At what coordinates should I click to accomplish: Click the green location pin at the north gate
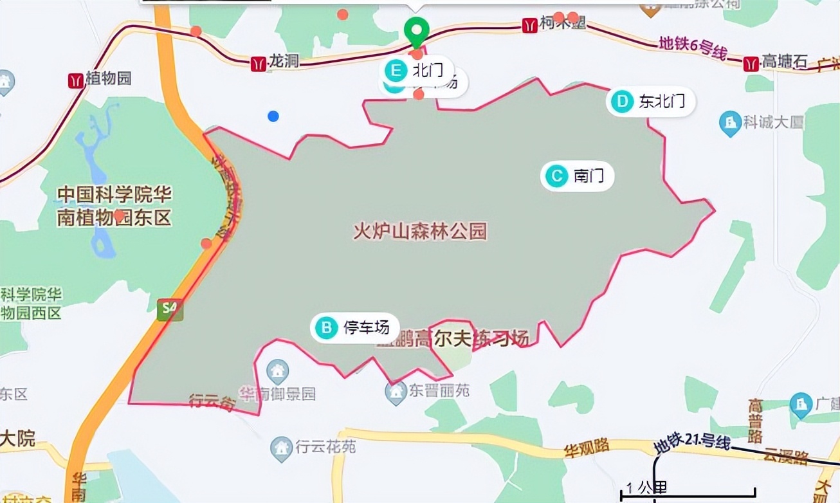[417, 31]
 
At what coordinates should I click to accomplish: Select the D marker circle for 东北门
[621, 102]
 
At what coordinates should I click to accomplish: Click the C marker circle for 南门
[555, 176]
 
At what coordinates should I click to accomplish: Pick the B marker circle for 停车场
[327, 328]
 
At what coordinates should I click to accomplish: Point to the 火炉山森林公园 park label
[420, 232]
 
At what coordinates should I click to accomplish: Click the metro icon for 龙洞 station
[259, 63]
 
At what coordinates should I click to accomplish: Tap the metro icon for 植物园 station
[76, 80]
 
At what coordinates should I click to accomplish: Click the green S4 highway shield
[170, 309]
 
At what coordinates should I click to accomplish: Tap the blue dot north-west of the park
[273, 116]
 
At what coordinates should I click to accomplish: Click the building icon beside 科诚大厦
[730, 122]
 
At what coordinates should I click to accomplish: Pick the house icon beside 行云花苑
[281, 446]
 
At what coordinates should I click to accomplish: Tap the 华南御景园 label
[278, 393]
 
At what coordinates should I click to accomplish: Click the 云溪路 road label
[785, 456]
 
